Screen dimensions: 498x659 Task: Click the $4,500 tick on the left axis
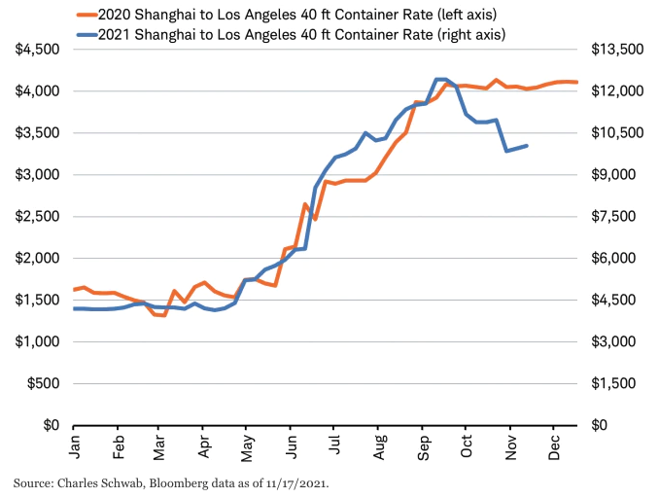click(35, 50)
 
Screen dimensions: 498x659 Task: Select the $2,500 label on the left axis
click(35, 216)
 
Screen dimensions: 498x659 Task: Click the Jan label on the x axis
click(75, 445)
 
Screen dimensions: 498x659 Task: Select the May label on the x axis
click(247, 445)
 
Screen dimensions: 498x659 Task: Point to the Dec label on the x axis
click(553, 445)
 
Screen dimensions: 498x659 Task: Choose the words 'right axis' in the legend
click(474, 35)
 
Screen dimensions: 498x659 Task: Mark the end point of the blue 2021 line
click(527, 146)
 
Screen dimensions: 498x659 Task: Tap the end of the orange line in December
click(577, 82)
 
